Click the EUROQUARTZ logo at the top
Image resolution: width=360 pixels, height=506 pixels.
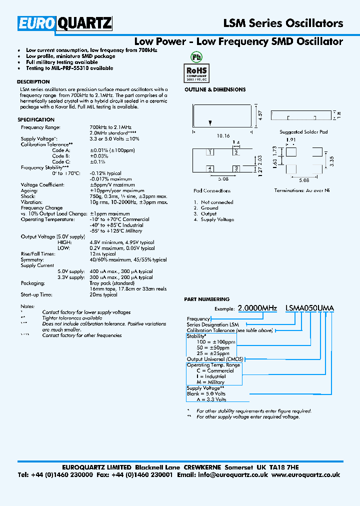click(x=65, y=23)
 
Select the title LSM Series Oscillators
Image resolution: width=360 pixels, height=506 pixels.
click(x=282, y=23)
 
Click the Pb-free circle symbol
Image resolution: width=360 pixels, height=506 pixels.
click(x=196, y=55)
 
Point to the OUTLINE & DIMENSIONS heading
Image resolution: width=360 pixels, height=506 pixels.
click(x=215, y=89)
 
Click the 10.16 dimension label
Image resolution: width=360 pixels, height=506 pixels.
click(x=223, y=135)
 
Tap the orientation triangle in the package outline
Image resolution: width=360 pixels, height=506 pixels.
click(x=210, y=122)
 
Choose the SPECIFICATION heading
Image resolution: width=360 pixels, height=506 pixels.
click(x=36, y=120)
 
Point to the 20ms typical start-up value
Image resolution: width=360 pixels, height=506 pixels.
click(x=103, y=294)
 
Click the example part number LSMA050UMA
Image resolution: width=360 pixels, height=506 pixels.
click(x=309, y=308)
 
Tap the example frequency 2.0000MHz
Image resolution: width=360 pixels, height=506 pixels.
click(x=257, y=308)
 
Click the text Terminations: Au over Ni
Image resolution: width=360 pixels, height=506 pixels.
click(x=302, y=190)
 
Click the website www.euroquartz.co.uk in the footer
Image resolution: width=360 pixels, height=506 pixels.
click(x=305, y=475)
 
